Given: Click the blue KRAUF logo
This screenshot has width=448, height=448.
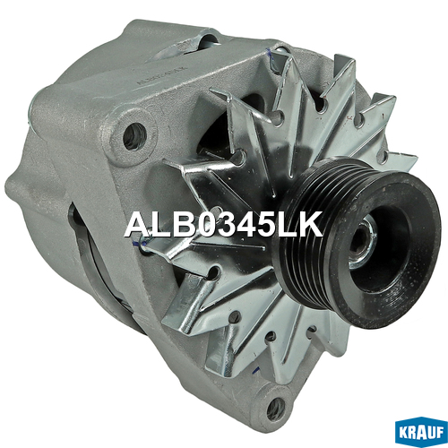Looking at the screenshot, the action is (421, 432).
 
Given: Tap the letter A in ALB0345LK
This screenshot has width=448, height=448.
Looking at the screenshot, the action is (137, 224).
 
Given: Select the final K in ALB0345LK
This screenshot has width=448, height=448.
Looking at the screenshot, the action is (310, 224).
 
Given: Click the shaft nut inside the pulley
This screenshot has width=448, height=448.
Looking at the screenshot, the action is (363, 242).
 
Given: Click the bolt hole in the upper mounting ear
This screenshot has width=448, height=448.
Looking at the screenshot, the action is (134, 136).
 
